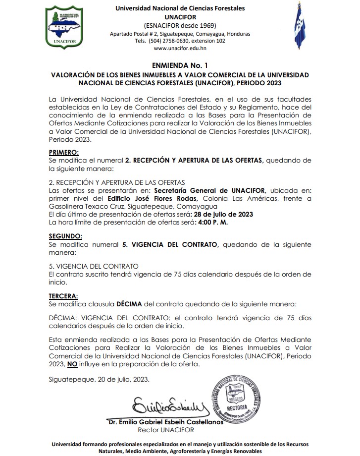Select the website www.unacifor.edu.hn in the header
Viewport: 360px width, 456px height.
click(x=180, y=49)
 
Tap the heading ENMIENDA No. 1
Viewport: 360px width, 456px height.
click(x=180, y=64)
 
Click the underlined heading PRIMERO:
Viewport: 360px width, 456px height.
click(x=64, y=152)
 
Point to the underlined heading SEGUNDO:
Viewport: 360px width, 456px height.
click(x=66, y=236)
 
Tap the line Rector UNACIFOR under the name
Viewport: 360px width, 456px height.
click(x=166, y=430)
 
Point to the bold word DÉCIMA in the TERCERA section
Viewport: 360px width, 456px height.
click(x=130, y=303)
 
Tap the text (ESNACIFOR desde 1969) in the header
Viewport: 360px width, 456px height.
click(x=180, y=25)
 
